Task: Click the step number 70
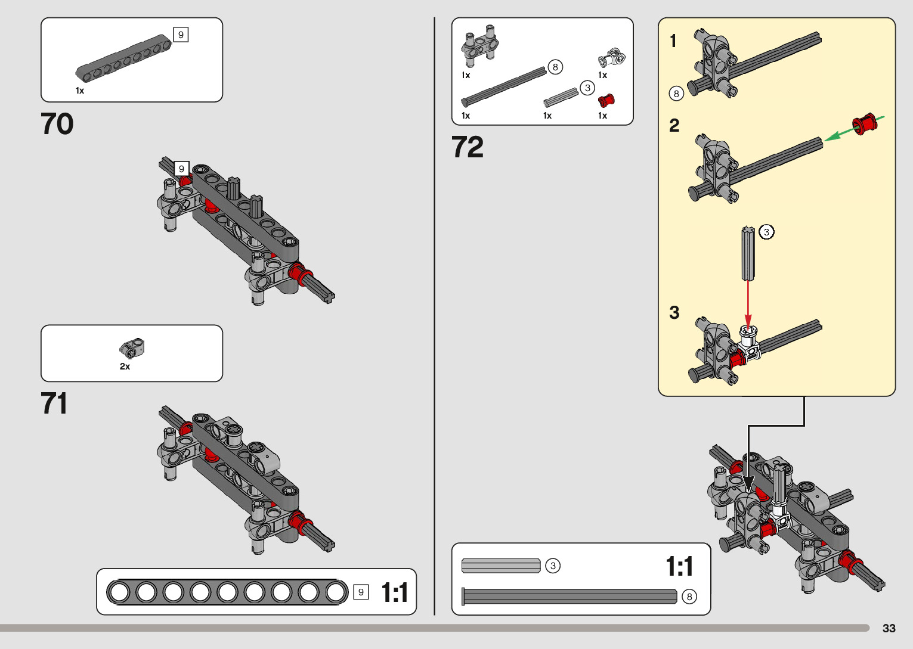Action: (57, 125)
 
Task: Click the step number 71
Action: (54, 403)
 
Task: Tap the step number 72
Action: (468, 147)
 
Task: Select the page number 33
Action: (889, 628)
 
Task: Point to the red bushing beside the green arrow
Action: (865, 123)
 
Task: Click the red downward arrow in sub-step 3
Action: (748, 304)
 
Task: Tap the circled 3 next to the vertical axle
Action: (767, 232)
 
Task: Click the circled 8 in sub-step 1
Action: (676, 94)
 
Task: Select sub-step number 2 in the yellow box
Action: (674, 126)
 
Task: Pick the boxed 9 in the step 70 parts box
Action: (181, 35)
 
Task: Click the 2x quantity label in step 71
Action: (125, 367)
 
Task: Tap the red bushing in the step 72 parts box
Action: (606, 100)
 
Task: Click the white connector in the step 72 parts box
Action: (611, 59)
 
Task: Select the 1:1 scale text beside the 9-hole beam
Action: (395, 593)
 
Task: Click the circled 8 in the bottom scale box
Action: (689, 597)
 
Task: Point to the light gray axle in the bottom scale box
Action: (501, 566)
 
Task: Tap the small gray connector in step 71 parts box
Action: (132, 347)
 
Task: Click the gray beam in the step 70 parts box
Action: (123, 57)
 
